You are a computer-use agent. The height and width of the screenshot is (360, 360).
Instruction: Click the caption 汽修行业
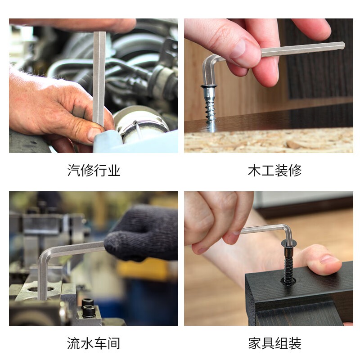[x=94, y=171]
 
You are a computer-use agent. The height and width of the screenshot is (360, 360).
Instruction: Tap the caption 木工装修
[x=274, y=171]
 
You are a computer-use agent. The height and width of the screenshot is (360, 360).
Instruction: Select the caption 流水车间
[x=94, y=343]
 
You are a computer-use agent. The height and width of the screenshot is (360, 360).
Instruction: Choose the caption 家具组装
[x=274, y=343]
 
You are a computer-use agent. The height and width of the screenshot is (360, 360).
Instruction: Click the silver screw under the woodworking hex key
[x=210, y=106]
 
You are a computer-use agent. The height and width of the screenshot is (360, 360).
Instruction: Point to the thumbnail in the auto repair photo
[x=94, y=134]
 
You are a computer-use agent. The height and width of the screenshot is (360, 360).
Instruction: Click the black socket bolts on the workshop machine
[x=89, y=308]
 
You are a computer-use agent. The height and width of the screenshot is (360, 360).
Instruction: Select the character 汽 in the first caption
[x=73, y=171]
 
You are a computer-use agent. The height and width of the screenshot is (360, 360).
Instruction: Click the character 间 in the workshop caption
[x=114, y=343]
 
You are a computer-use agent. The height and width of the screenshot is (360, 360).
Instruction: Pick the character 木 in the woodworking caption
[x=254, y=171]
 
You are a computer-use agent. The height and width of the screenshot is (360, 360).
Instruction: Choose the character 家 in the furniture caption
[x=254, y=343]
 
